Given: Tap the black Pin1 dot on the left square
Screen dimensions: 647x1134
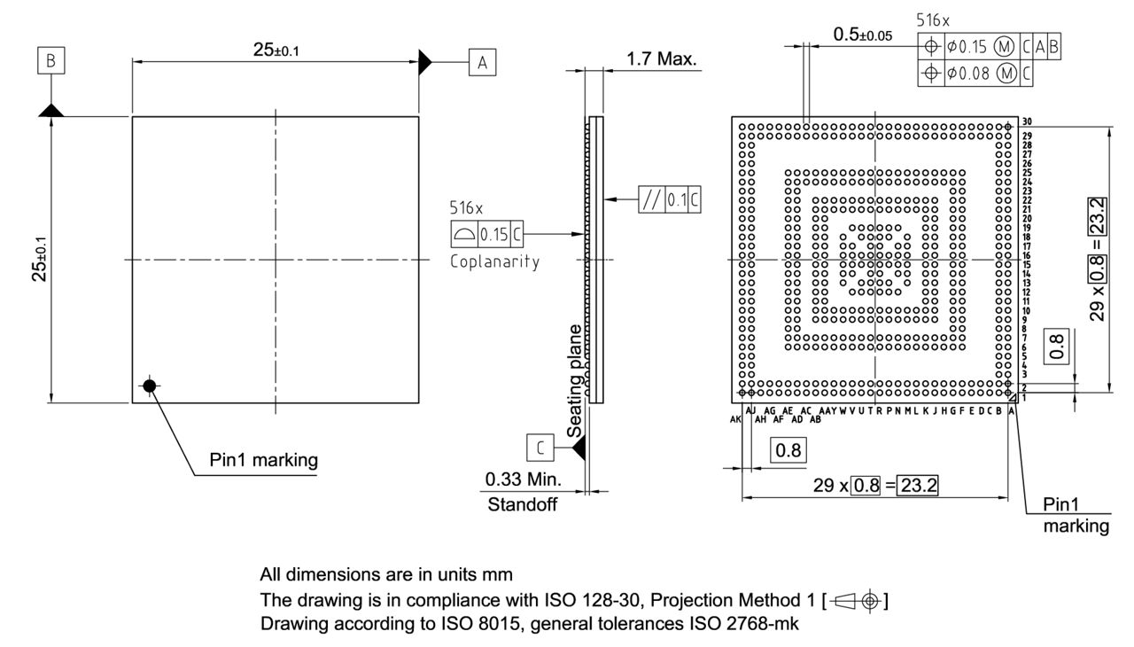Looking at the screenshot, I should [x=150, y=386].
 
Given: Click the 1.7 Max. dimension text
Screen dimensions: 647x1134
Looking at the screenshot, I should [x=662, y=60].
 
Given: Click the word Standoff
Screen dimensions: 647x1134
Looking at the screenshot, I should [x=523, y=506].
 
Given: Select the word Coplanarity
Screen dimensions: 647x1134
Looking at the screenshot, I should [x=494, y=263].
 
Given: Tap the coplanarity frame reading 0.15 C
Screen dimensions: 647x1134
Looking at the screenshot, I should [x=486, y=234].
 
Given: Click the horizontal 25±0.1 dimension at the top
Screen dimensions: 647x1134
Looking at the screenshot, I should [x=276, y=50].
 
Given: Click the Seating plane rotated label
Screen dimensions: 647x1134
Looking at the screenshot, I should [x=576, y=380].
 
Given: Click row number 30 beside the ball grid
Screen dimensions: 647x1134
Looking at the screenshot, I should [x=1025, y=122].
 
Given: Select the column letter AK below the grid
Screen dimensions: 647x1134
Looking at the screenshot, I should [x=735, y=419].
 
